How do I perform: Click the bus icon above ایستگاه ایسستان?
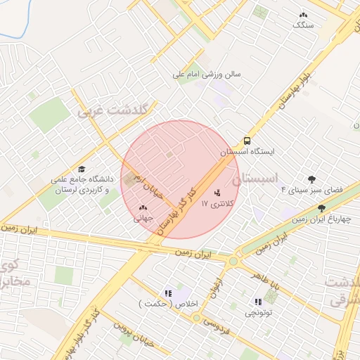tap(247, 140)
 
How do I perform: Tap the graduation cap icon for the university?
tap(82, 169)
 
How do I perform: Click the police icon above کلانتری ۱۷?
tap(216, 193)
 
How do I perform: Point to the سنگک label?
tap(303, 25)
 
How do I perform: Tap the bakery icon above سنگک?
tap(303, 14)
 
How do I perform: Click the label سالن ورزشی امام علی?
tap(208, 73)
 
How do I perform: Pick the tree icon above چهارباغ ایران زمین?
tap(321, 208)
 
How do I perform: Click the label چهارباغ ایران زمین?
tap(321, 219)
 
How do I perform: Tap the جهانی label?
tap(143, 219)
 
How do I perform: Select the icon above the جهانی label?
tap(143, 207)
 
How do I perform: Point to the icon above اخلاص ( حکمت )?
tap(167, 293)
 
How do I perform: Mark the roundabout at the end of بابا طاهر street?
tap(233, 262)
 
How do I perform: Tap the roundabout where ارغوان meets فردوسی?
tap(196, 317)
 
